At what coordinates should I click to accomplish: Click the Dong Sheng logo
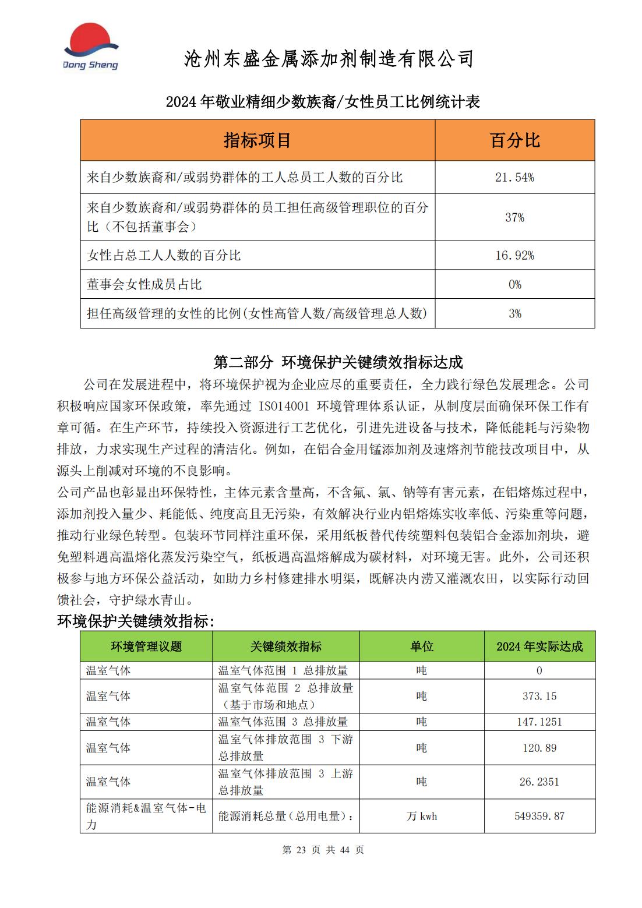click(x=90, y=47)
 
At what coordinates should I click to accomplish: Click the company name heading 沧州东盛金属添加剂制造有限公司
click(x=329, y=58)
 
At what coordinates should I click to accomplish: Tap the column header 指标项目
click(x=257, y=140)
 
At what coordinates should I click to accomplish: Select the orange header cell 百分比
click(x=514, y=140)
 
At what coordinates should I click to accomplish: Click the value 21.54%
click(x=514, y=178)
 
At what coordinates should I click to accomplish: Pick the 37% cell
click(x=514, y=217)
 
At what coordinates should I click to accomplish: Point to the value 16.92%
click(x=514, y=255)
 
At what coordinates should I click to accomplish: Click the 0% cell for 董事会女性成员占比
click(x=514, y=284)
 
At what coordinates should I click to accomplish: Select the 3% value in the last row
click(x=514, y=313)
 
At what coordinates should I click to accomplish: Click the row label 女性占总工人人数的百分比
click(x=164, y=255)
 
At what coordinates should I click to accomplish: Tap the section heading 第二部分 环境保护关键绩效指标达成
click(x=338, y=362)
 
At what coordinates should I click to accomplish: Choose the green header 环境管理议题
click(x=146, y=646)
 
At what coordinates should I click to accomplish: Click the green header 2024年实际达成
click(x=539, y=646)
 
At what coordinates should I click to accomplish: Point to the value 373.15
click(x=539, y=696)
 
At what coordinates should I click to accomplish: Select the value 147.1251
click(x=539, y=722)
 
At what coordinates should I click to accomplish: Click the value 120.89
click(x=539, y=748)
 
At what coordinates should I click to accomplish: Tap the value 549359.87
click(x=539, y=816)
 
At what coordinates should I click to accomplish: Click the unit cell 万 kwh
click(x=421, y=816)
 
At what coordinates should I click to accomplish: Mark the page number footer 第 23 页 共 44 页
click(x=323, y=850)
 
